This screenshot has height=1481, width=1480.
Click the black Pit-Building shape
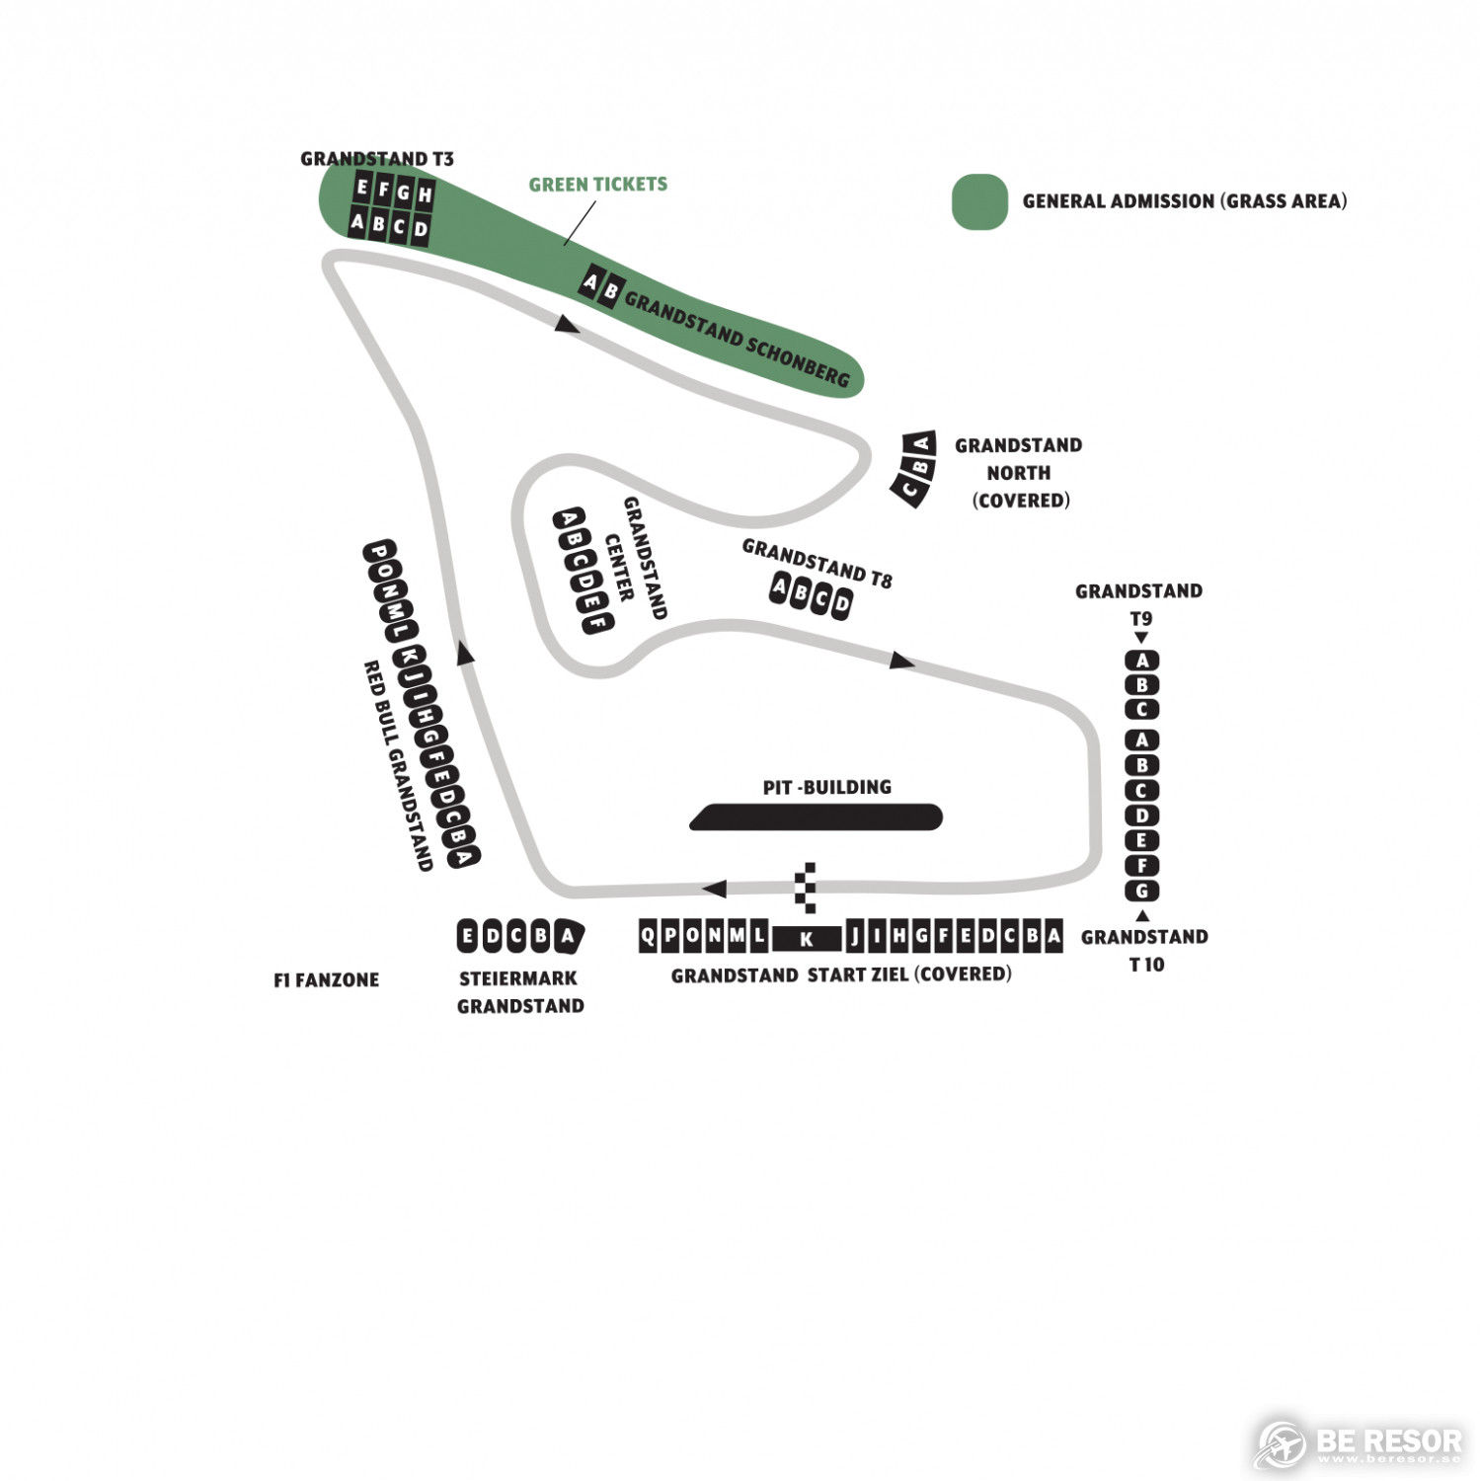816,817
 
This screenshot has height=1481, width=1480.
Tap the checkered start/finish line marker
807,887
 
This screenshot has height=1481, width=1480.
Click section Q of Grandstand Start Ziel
648,935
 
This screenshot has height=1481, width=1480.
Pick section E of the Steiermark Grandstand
469,936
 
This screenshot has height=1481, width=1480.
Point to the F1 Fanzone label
326,980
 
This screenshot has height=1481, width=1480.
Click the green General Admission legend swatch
979,201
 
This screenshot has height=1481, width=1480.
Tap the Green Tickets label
597,184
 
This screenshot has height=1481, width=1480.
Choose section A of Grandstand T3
357,222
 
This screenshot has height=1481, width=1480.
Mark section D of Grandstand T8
841,602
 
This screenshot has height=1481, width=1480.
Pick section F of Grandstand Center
596,622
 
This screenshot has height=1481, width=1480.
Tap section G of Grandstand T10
1141,891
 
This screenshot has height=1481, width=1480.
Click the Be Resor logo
1358,1443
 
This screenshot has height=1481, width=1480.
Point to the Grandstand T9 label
1139,604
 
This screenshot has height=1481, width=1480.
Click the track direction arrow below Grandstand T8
901,660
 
